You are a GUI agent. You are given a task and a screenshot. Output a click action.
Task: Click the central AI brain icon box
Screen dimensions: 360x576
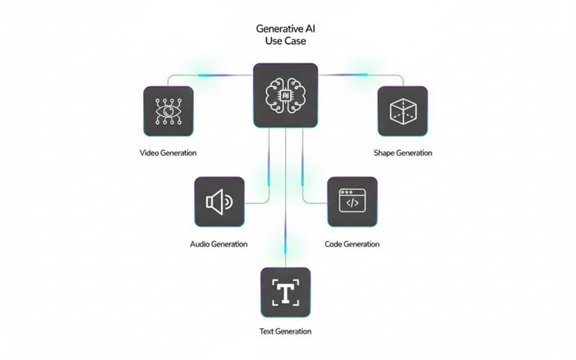[286, 95]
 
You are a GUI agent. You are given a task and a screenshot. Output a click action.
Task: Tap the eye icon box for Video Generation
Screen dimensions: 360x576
[168, 111]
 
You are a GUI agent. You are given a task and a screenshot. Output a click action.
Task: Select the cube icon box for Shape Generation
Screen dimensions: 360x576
[402, 111]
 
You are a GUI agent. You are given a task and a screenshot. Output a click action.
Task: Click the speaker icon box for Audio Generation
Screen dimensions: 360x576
[219, 202]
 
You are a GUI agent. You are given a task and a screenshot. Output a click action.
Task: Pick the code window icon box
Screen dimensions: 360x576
[352, 202]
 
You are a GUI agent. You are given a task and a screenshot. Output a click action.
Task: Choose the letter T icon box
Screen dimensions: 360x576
[286, 292]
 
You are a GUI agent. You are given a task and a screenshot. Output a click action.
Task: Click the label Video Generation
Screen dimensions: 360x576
[168, 153]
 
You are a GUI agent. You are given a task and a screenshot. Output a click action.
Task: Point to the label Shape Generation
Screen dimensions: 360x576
[403, 153]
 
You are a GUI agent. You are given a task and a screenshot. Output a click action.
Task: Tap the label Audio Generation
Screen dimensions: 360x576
[219, 244]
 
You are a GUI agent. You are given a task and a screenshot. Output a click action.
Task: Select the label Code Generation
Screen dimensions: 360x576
[352, 244]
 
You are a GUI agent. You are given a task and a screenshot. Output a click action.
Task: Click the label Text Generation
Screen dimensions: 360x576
[286, 331]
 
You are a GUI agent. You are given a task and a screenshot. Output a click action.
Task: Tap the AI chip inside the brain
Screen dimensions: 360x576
[286, 96]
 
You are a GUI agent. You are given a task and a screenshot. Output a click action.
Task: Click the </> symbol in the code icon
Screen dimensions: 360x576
[352, 204]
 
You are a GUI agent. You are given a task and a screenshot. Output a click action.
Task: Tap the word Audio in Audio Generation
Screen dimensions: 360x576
[200, 244]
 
